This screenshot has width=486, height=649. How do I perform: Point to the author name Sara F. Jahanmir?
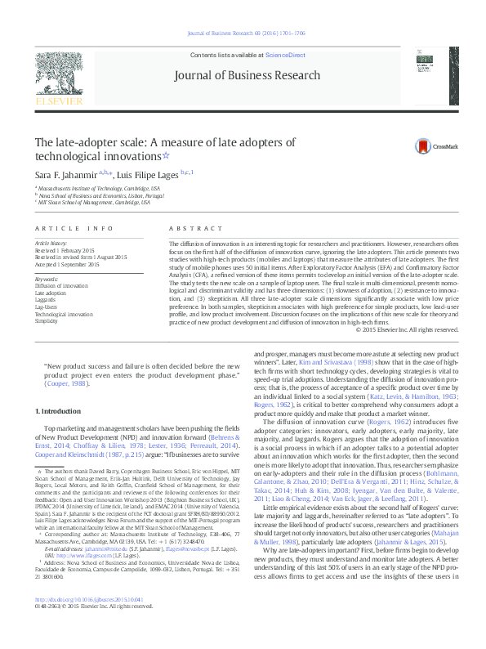coord(63,175)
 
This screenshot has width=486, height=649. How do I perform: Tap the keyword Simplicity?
coord(47,321)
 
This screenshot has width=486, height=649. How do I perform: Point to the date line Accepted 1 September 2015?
coord(67,264)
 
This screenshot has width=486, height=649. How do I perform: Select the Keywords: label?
coord(47,279)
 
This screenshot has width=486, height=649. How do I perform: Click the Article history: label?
coord(52,244)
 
